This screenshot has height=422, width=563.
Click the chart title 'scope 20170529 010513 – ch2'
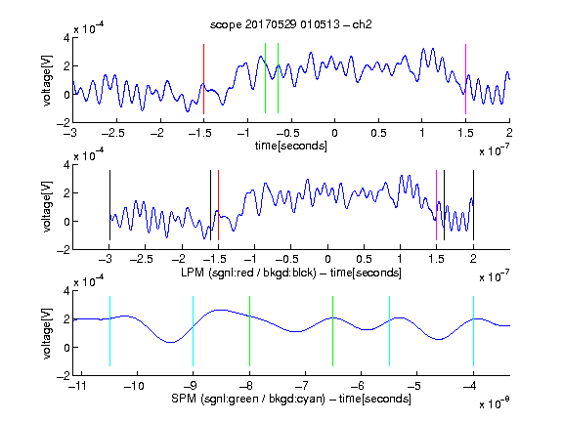pyautogui.click(x=291, y=24)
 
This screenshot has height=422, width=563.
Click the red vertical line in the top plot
pyautogui.click(x=203, y=79)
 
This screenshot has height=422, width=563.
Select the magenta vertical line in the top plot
pyautogui.click(x=465, y=79)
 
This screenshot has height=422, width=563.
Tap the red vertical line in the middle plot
pyautogui.click(x=218, y=205)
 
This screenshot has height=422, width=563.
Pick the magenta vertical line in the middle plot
pyautogui.click(x=436, y=205)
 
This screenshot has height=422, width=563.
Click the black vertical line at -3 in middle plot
pyautogui.click(x=109, y=205)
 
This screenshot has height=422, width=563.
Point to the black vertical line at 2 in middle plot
pyautogui.click(x=473, y=205)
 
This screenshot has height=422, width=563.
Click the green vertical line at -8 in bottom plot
pyautogui.click(x=249, y=331)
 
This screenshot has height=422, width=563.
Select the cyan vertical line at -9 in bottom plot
pyautogui.click(x=194, y=331)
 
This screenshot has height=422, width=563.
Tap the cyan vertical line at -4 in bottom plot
pyautogui.click(x=473, y=331)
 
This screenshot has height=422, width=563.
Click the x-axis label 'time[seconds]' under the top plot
pyautogui.click(x=291, y=146)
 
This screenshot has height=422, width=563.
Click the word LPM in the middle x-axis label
pyautogui.click(x=193, y=273)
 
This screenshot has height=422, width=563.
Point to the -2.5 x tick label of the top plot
pyautogui.click(x=112, y=133)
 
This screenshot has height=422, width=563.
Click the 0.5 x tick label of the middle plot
pyautogui.click(x=364, y=259)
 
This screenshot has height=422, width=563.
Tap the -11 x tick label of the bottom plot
pyautogui.click(x=78, y=386)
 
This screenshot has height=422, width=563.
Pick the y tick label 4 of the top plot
pyautogui.click(x=66, y=38)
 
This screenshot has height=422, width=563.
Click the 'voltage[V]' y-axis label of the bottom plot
pyautogui.click(x=47, y=333)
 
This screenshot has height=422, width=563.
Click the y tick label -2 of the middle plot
pyautogui.click(x=64, y=250)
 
